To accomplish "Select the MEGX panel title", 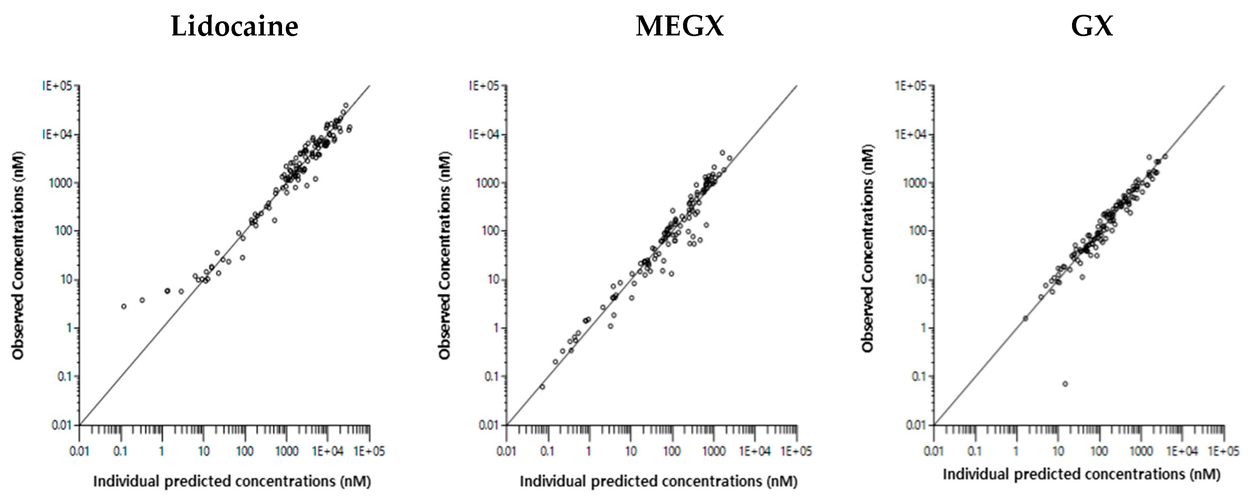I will coord(680,27).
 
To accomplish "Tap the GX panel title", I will coord(1092,27).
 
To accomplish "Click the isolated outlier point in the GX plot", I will coord(1065,384).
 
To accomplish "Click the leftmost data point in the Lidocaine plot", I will coord(124,306).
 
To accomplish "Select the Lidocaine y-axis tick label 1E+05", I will coord(57,86).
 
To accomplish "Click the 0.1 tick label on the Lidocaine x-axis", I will coord(120,451).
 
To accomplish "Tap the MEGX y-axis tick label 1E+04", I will coord(484,134).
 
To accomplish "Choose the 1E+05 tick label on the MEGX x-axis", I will coord(797,451).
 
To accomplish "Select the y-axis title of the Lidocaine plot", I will coord(19,256).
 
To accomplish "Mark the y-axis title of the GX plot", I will coord(868,249).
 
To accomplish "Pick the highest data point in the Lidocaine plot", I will coord(346,105).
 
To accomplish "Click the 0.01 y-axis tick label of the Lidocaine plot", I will coord(62,425).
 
